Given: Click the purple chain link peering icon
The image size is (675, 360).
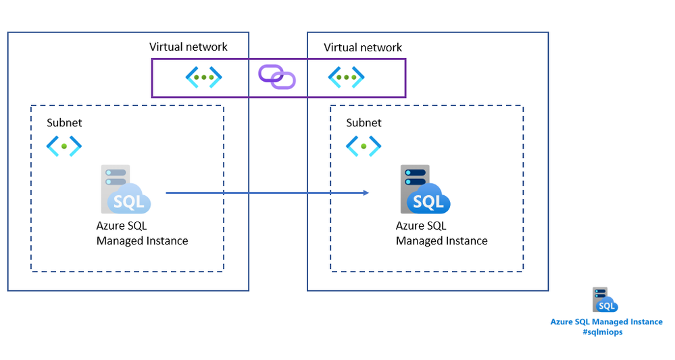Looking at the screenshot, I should coord(277,76).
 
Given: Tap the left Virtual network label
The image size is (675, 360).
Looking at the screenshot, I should coord(189,47).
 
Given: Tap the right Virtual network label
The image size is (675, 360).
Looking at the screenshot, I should coord(363,47).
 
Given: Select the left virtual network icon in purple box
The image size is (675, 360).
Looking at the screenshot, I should coord(204,77).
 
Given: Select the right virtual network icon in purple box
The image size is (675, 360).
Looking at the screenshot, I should coord(346,77).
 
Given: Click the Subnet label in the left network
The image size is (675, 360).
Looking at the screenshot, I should coord(64,123).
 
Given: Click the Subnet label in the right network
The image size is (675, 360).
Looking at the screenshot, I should coord(364,123).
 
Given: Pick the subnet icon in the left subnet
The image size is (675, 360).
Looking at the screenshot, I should coord(64,145).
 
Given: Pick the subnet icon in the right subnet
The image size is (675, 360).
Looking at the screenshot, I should coord(364,145).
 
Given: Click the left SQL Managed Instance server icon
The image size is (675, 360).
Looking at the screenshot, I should coord(126,190).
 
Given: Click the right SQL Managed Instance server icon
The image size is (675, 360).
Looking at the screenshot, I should coord(424,190).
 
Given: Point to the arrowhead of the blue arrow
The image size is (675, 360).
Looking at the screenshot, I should coord(366,193).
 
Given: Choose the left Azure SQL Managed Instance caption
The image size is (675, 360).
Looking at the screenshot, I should coord(142,234).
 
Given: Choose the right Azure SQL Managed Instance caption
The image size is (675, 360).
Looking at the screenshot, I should coord(441,234).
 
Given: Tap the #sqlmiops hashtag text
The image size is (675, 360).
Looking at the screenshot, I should coord(606,332).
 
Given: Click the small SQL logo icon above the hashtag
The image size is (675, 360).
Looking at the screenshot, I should coord(605,300).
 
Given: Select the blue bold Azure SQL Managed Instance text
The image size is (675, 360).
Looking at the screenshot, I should coord(606,322).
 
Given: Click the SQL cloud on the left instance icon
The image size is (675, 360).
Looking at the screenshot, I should coord(131,201).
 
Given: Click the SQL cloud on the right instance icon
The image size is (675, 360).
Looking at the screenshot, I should coord(430,201).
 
